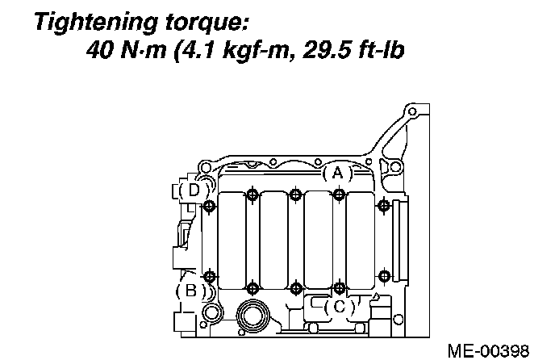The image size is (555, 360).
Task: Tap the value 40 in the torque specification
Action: (x=99, y=49)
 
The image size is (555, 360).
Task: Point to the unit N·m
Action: (x=144, y=49)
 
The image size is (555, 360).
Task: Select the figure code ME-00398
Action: (x=489, y=351)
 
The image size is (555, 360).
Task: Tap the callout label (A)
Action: (x=338, y=174)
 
